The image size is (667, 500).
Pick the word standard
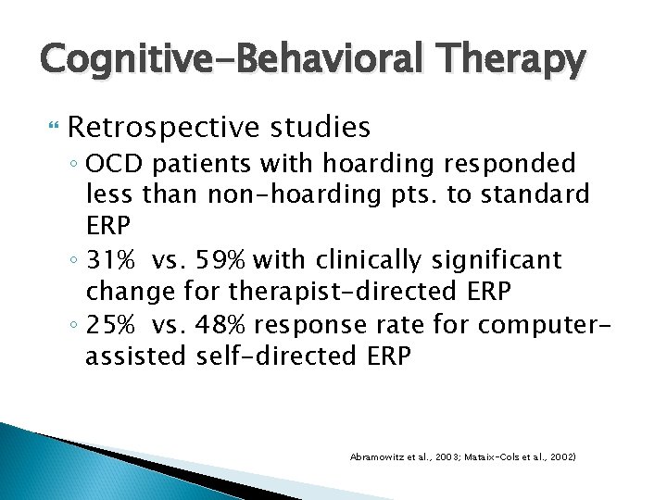tap(538, 195)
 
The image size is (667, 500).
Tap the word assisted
tap(137, 356)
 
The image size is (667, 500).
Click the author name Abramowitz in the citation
tap(376, 457)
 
